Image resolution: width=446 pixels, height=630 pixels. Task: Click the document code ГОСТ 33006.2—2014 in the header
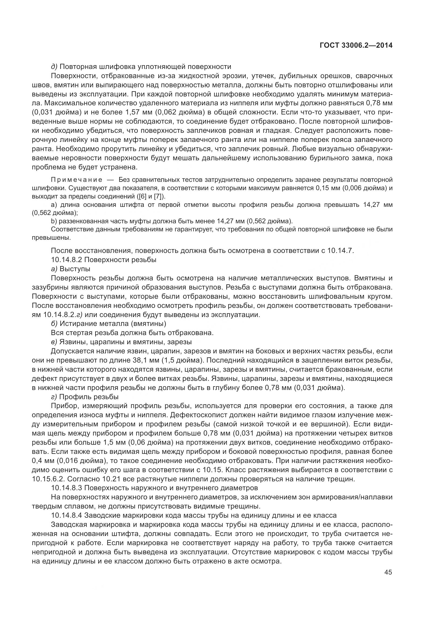[356, 46]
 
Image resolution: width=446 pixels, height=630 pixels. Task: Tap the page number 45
[388, 572]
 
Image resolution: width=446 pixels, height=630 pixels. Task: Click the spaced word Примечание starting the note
[77, 180]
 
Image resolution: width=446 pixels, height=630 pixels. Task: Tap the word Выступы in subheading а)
[75, 269]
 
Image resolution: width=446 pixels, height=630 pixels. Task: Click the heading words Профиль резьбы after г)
[89, 397]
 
